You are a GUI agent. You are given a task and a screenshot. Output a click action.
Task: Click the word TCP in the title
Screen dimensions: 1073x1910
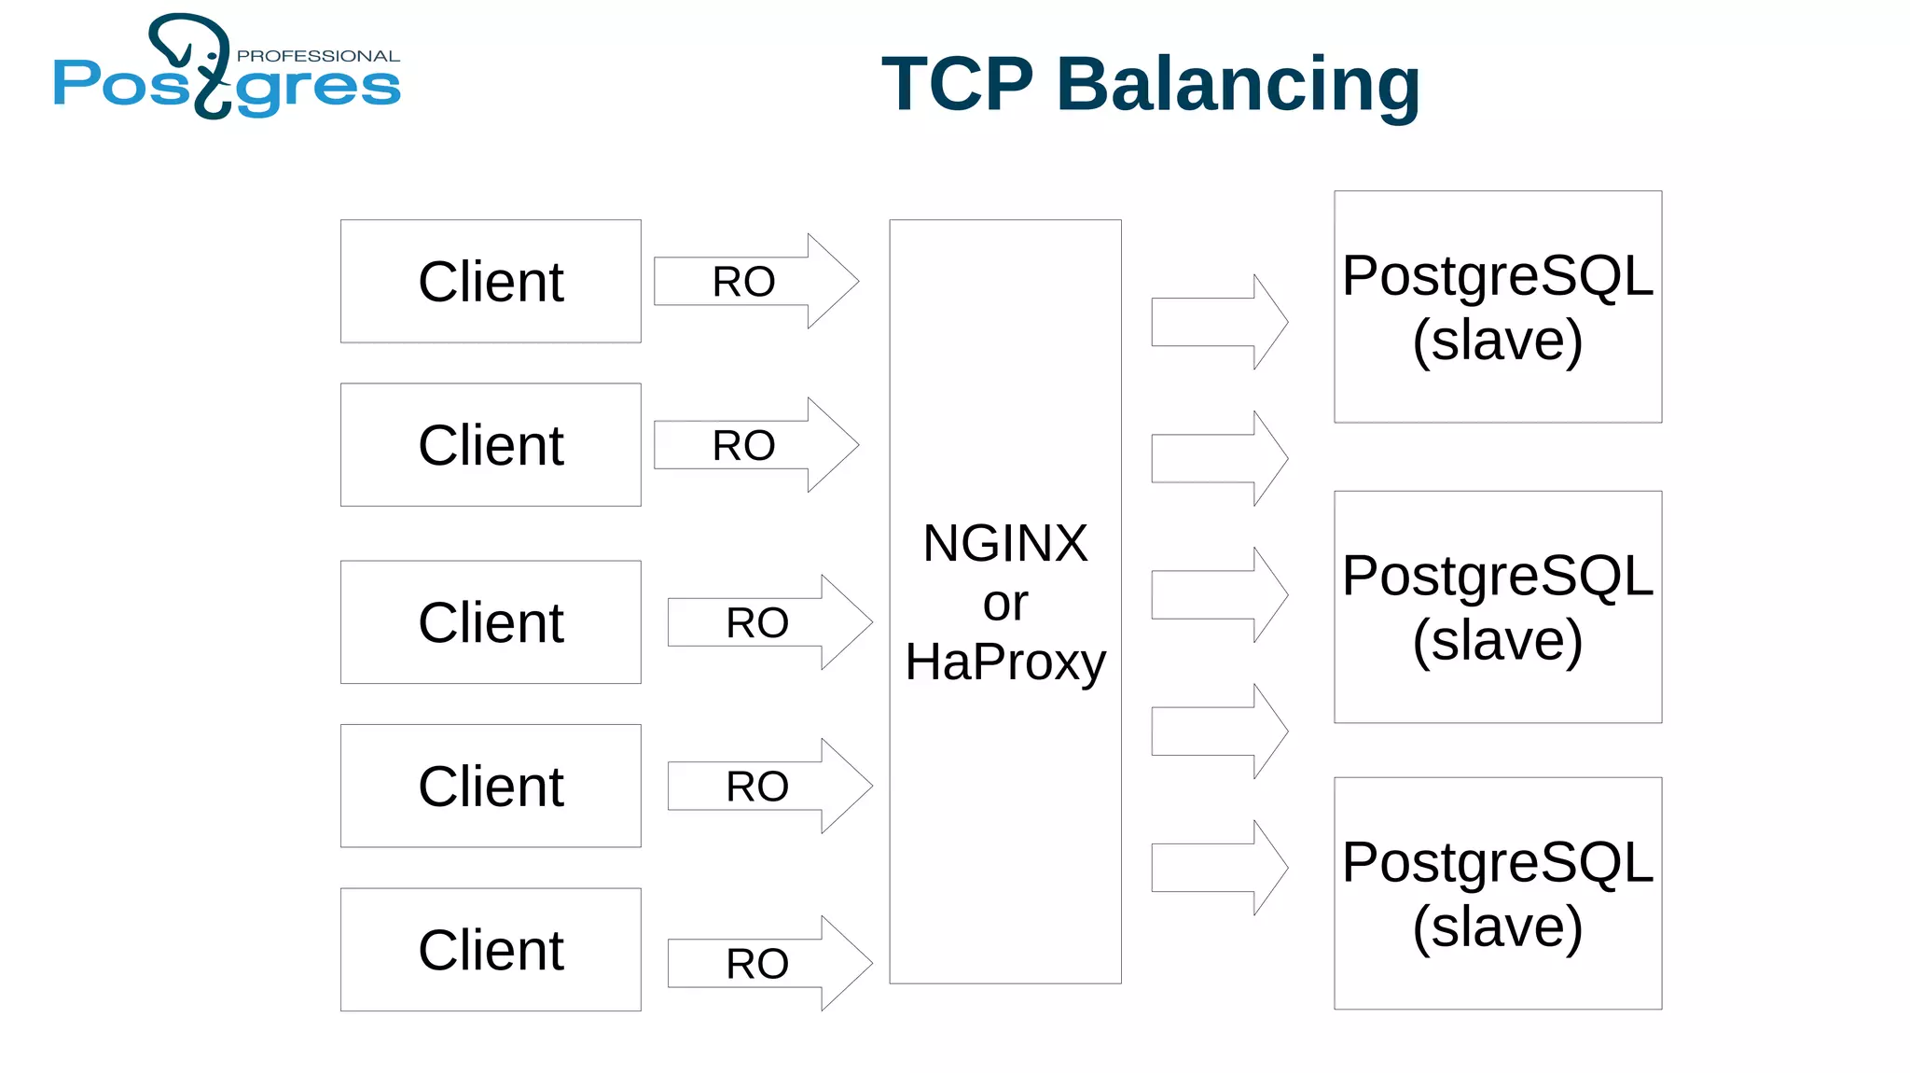coord(957,85)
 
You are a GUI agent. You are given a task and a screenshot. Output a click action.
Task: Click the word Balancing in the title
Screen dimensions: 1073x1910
coord(1238,85)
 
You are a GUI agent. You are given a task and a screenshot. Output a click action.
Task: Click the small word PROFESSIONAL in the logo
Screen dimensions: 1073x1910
coord(318,56)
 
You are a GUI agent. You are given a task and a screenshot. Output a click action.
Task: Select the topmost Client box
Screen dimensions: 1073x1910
coord(491,281)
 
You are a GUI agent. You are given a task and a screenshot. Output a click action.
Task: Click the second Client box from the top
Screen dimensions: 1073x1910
coord(491,445)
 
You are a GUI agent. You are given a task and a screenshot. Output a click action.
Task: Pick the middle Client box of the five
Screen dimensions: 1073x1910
coord(491,622)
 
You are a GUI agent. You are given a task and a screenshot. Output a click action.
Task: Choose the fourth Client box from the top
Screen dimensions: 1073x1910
coord(491,786)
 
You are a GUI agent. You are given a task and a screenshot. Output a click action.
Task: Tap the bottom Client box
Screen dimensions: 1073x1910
coord(491,950)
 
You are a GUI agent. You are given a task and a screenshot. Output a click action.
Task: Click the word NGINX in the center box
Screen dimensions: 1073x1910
coord(1004,543)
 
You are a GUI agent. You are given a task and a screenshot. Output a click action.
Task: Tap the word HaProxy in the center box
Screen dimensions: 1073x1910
coord(1004,662)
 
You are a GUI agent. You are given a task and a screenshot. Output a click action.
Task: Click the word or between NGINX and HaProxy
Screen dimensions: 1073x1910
coord(1004,604)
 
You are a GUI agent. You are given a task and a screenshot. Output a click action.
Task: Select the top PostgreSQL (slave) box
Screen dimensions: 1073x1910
coord(1497,307)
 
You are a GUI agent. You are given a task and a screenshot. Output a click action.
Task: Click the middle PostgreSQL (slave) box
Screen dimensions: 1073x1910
coord(1497,606)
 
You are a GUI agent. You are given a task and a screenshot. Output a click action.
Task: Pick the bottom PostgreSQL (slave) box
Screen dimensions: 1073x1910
coord(1497,893)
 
